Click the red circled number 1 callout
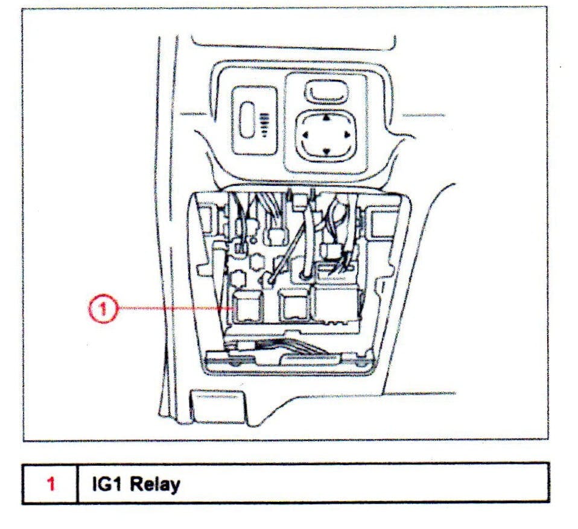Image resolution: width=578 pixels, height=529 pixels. [x=102, y=308]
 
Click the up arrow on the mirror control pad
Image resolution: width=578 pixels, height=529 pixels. [x=326, y=119]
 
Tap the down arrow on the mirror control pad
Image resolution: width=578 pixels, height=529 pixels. [x=326, y=151]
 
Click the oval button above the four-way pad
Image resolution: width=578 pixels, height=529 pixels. [x=326, y=92]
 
